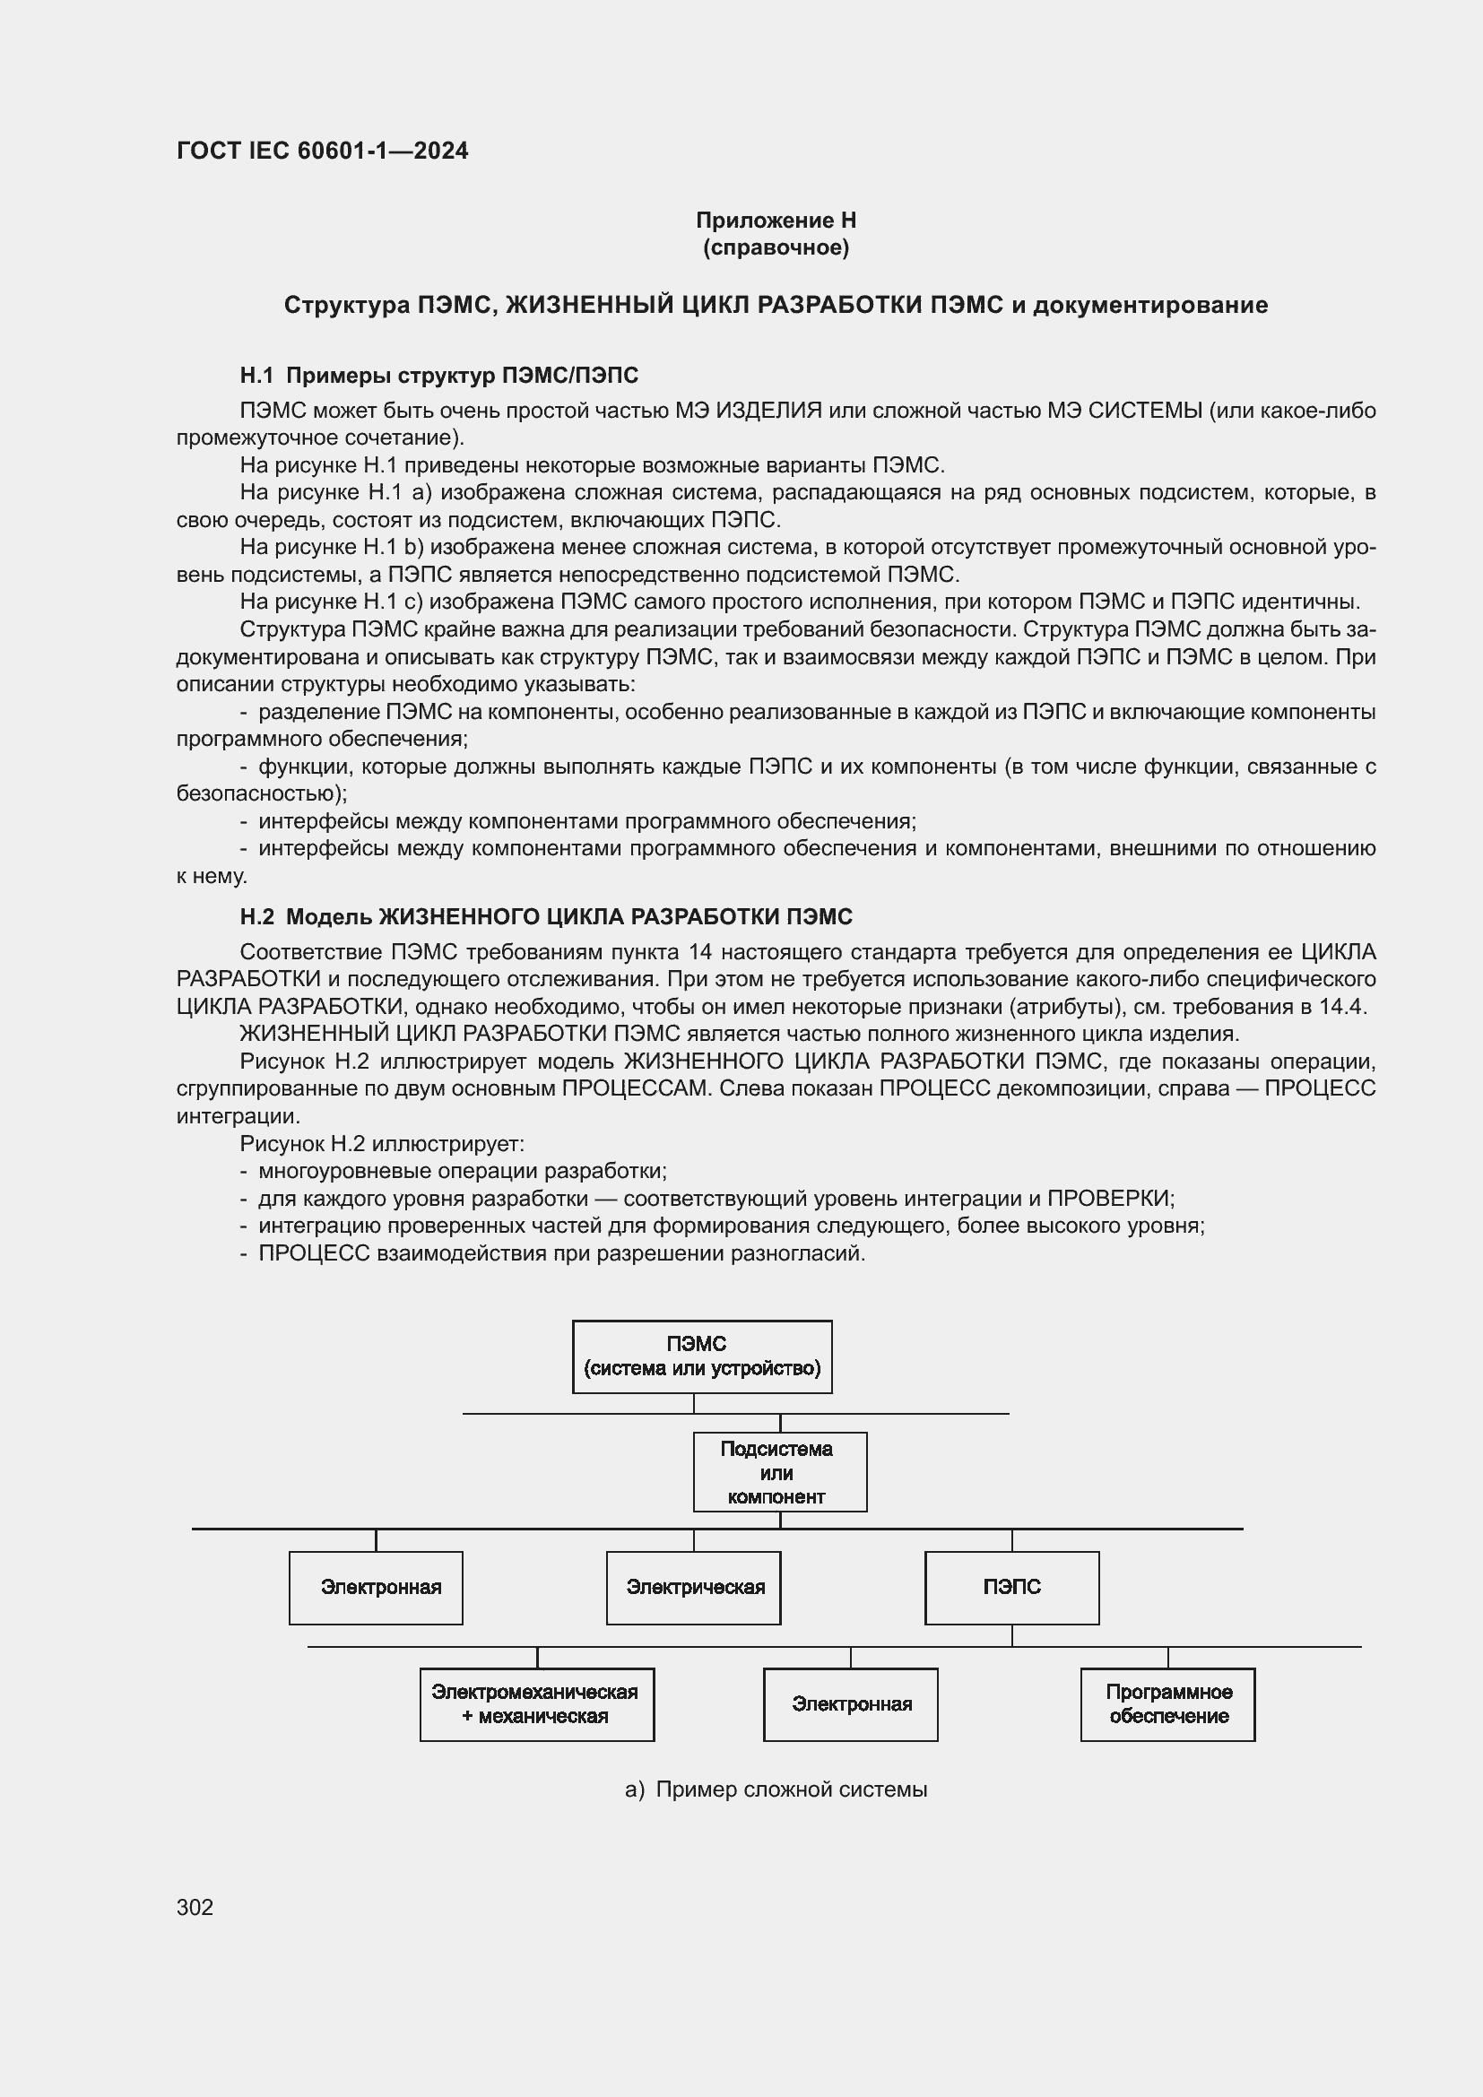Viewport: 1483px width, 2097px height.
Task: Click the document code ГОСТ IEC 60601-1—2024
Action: [x=322, y=151]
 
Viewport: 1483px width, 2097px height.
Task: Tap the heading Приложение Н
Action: [x=776, y=221]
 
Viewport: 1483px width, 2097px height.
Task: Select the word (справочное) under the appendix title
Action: [x=776, y=247]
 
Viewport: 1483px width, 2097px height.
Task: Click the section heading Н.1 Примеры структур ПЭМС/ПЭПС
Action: [x=438, y=376]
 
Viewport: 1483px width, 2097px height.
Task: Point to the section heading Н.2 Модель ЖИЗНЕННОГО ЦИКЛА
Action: [x=545, y=916]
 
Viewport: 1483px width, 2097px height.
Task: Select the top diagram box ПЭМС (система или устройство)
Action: [x=701, y=1356]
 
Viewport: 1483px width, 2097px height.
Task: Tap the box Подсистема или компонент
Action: [x=779, y=1471]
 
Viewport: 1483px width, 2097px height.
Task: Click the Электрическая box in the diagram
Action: [x=693, y=1588]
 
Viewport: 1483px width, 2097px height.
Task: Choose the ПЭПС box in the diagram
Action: [x=1010, y=1588]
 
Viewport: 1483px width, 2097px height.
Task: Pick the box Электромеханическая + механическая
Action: [x=536, y=1704]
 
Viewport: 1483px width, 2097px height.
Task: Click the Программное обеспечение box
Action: [x=1167, y=1704]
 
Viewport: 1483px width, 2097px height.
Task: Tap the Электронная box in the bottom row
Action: [x=850, y=1704]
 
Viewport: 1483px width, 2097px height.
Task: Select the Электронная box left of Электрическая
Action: [x=376, y=1588]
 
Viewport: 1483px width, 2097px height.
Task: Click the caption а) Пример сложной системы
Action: [x=776, y=1789]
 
